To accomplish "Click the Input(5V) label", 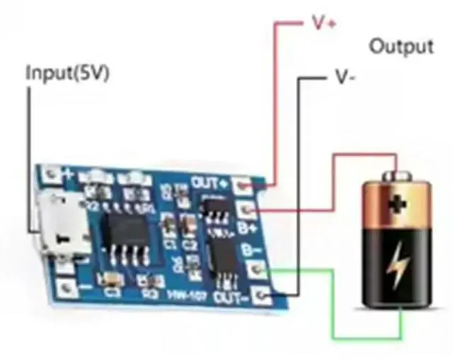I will pyautogui.click(x=68, y=74).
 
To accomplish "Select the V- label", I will pyautogui.click(x=344, y=77).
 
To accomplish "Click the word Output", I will pyautogui.click(x=401, y=47).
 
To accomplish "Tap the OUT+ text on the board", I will pyautogui.click(x=209, y=182).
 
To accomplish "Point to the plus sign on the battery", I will pyautogui.click(x=398, y=204).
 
